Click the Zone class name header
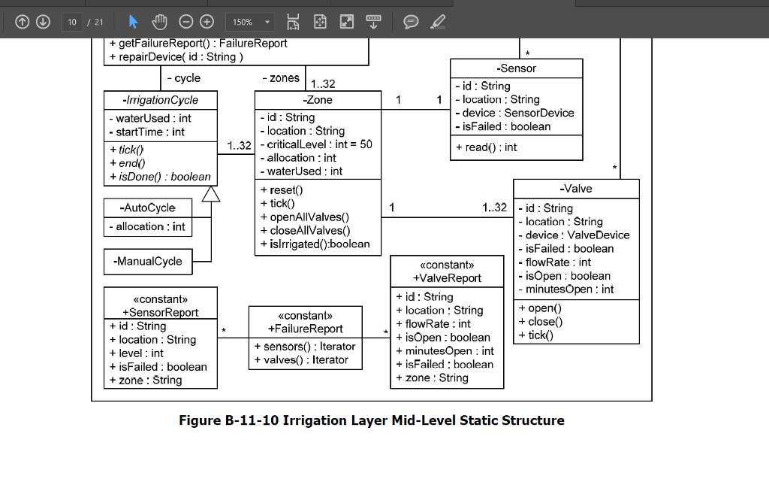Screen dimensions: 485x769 pyautogui.click(x=318, y=100)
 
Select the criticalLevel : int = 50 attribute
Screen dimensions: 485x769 pyautogui.click(x=319, y=144)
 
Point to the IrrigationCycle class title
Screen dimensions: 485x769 pyautogui.click(x=161, y=100)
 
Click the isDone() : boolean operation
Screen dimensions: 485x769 pyautogui.click(x=160, y=177)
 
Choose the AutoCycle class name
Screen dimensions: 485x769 pyautogui.click(x=148, y=208)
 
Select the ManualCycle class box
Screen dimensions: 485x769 pyautogui.click(x=148, y=261)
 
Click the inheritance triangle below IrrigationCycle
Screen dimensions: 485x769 pyautogui.click(x=211, y=194)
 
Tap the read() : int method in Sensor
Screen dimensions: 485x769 pyautogui.click(x=486, y=147)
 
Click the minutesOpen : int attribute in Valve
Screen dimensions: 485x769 pyautogui.click(x=568, y=289)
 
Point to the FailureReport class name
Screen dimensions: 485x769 pyautogui.click(x=305, y=329)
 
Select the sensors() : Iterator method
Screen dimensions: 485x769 pyautogui.click(x=304, y=347)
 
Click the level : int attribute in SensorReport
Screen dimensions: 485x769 pyautogui.click(x=136, y=353)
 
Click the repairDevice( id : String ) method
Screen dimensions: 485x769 pyautogui.click(x=176, y=56)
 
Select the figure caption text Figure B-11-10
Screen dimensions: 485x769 pyautogui.click(x=371, y=420)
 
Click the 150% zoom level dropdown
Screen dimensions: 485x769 pyautogui.click(x=250, y=23)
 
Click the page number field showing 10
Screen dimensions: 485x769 pyautogui.click(x=72, y=23)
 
